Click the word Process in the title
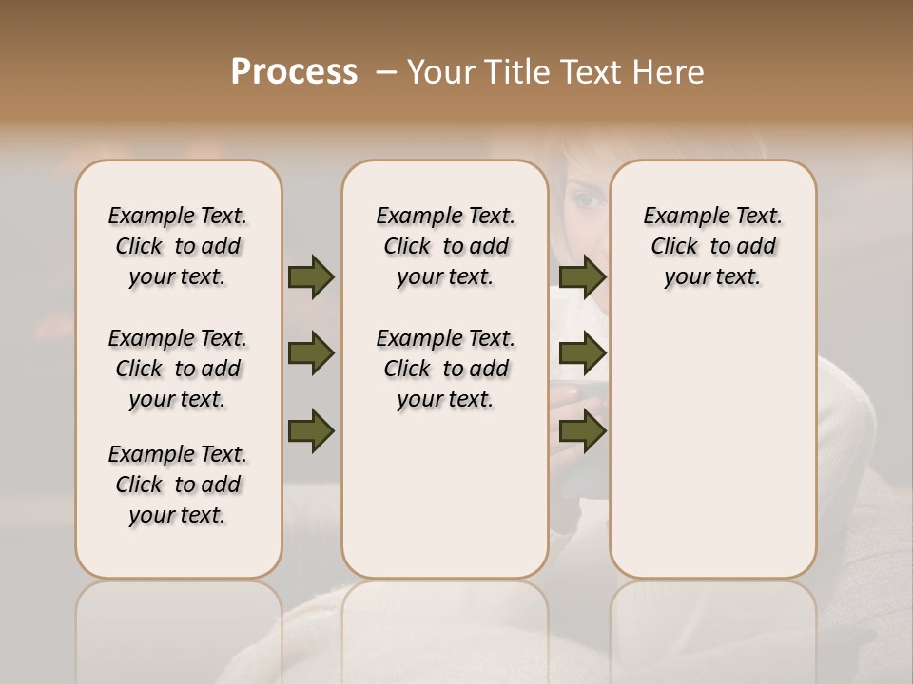tap(294, 72)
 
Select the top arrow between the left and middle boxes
tap(311, 276)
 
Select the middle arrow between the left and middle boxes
tap(311, 354)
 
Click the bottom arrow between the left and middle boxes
tap(311, 431)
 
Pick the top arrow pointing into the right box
tap(582, 276)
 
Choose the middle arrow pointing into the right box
tap(582, 354)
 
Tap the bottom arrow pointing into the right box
tap(582, 431)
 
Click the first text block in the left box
tap(178, 246)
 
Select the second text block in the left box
tap(178, 369)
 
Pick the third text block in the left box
tap(178, 484)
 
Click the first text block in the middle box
tap(445, 246)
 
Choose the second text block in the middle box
tap(445, 369)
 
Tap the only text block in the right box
tap(713, 246)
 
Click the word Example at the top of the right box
tap(679, 217)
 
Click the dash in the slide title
tap(386, 72)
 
